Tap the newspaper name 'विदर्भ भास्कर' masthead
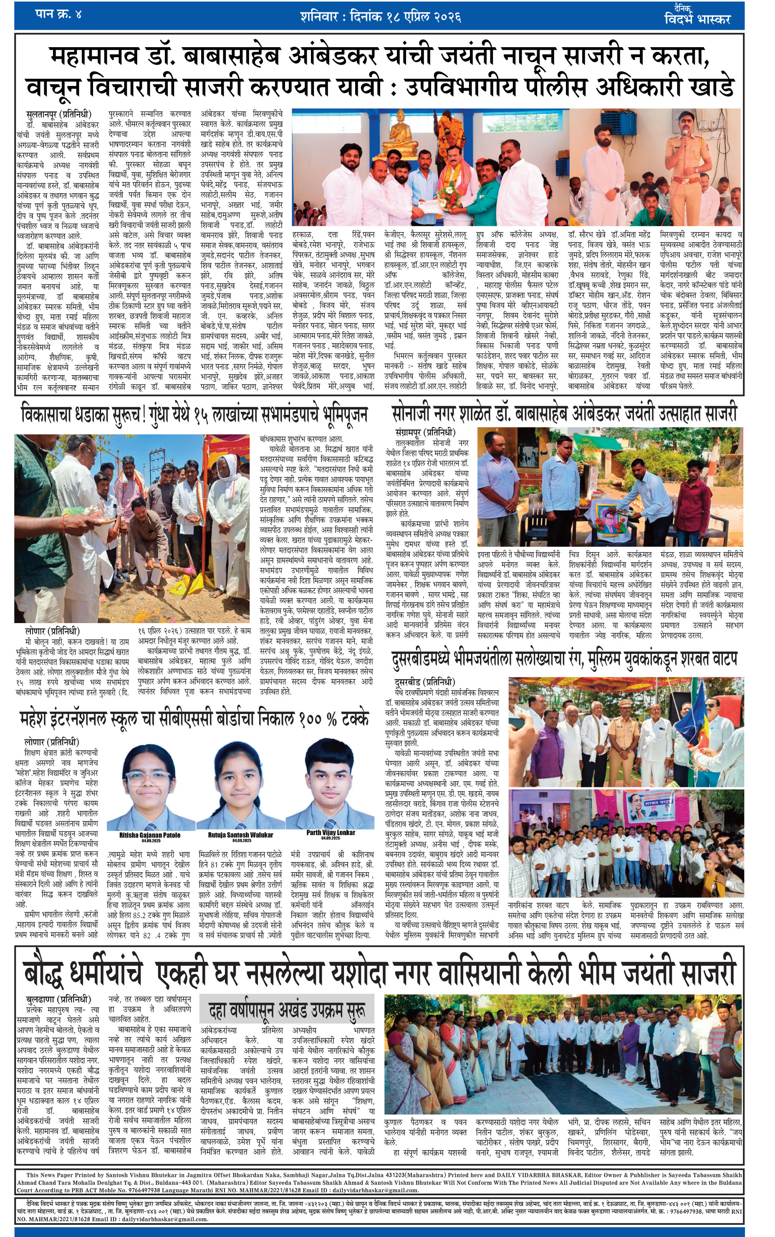pos(697,19)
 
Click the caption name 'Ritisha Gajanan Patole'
pos(150,834)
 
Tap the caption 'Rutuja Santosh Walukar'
pos(240,834)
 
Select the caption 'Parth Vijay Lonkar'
pos(331,832)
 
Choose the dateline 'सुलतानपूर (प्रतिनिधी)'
pos(58,114)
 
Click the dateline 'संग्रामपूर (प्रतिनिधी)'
pos(425,432)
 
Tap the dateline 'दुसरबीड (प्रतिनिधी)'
pos(424,682)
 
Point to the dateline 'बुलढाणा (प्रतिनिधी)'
pos(58,999)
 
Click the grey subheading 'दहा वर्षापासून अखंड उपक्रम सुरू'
pos(287,1010)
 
